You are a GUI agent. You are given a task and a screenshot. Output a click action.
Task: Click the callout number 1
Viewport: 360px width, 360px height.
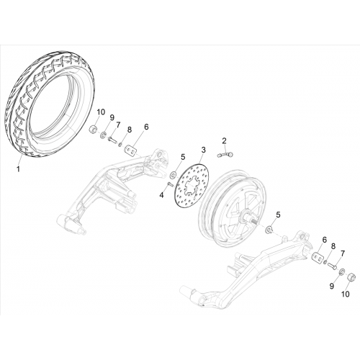(18, 169)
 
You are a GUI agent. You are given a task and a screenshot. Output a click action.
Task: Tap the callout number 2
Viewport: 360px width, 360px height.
(224, 140)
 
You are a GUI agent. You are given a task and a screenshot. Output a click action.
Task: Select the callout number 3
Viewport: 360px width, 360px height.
(203, 150)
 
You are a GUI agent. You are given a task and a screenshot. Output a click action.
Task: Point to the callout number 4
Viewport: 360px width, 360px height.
(162, 195)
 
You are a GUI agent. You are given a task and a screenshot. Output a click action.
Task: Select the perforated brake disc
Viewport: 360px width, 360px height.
(192, 185)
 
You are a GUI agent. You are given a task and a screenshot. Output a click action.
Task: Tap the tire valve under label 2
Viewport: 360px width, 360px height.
(225, 155)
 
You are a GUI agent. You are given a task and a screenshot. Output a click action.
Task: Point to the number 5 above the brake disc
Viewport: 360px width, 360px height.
(183, 157)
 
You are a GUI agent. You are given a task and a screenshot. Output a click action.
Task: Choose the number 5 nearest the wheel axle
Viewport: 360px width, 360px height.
(278, 215)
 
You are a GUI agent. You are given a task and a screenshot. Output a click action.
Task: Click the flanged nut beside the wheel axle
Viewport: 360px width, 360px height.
(269, 229)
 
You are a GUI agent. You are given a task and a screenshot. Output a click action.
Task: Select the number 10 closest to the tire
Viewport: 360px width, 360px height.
(101, 112)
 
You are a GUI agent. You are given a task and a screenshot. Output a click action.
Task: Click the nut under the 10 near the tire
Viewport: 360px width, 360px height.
(93, 130)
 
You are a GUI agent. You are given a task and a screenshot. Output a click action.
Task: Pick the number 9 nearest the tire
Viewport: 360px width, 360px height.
(112, 117)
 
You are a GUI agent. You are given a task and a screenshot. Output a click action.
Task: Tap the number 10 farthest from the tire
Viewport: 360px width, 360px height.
(346, 294)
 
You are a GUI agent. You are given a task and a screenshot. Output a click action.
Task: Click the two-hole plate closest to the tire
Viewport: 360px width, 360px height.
(130, 150)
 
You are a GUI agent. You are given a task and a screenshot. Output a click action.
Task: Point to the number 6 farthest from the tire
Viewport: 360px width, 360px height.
(325, 240)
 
